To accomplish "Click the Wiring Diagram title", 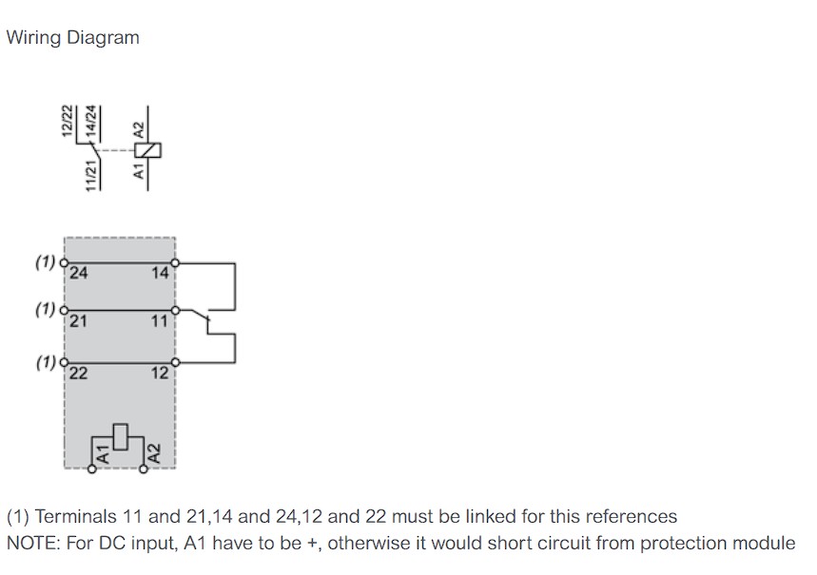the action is (73, 38).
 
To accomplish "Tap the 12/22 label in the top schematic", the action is (67, 121).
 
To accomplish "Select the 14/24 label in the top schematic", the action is (91, 121).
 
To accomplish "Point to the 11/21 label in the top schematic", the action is (91, 176).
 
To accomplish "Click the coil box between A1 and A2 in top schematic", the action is (148, 150).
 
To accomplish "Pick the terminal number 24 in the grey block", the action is (79, 273).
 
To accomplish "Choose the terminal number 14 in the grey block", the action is (160, 273).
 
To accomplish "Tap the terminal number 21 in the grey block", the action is (78, 321).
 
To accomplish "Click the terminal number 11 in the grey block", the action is (160, 321).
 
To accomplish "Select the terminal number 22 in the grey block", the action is (79, 373).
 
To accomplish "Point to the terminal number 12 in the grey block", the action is (160, 373).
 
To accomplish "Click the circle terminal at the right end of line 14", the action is (175, 263).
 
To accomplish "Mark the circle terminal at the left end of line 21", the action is (64, 311).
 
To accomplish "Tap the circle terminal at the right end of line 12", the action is (175, 362).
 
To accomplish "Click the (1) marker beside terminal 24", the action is (46, 261).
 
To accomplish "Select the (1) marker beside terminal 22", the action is (46, 361).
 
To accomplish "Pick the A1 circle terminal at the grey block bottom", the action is (92, 470).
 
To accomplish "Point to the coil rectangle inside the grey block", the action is (121, 437).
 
